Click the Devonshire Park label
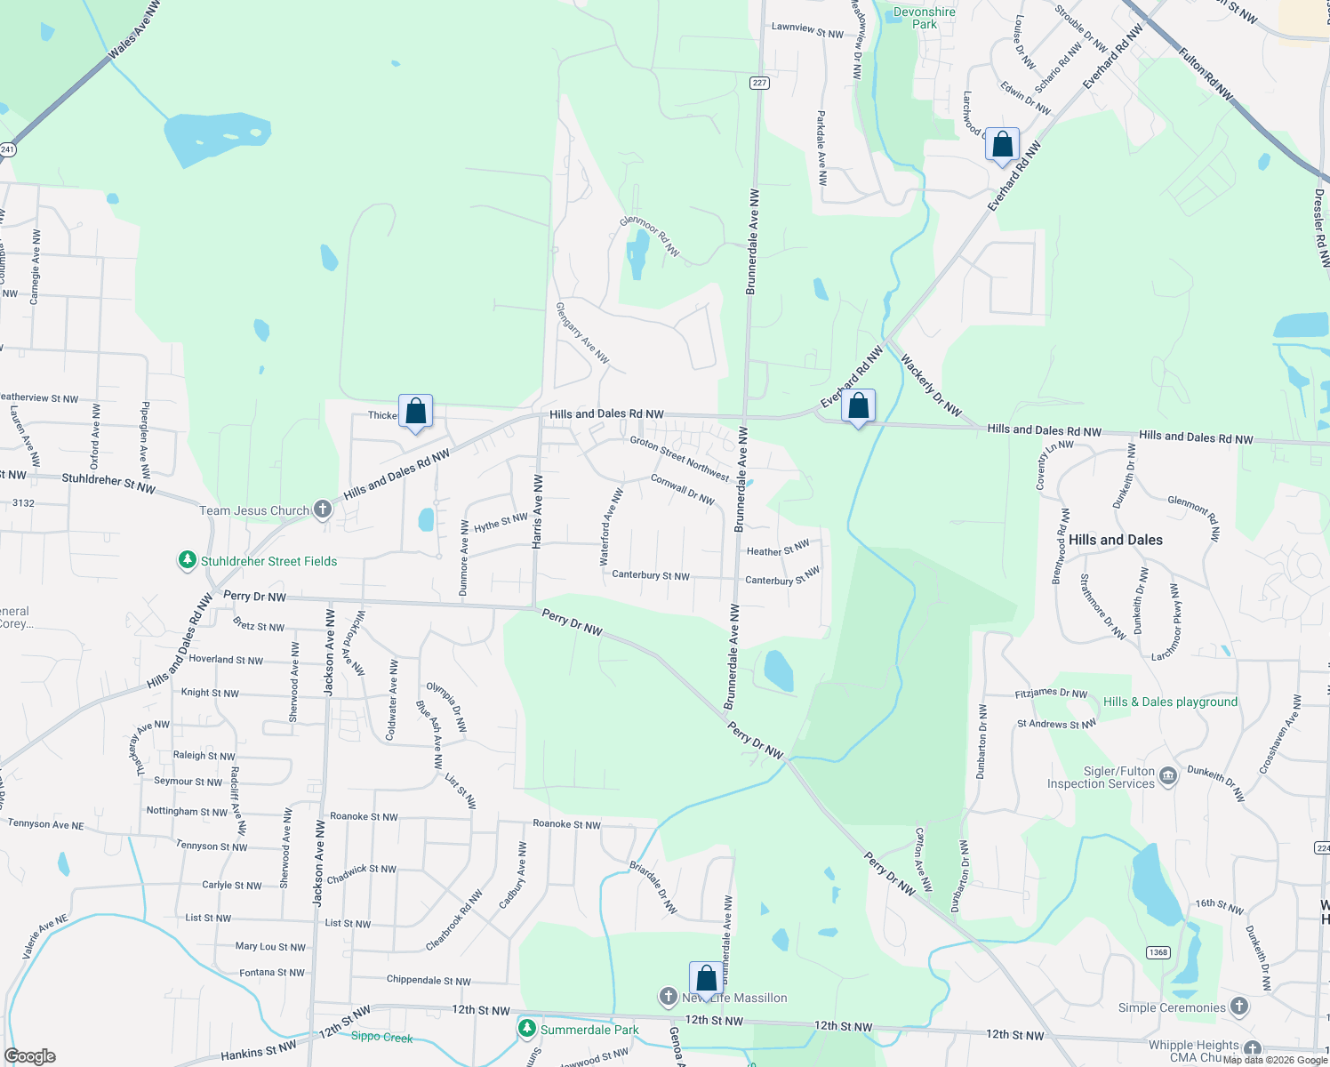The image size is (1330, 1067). (x=924, y=18)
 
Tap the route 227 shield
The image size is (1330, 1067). (x=758, y=83)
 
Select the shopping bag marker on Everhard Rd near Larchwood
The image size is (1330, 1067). (x=1002, y=146)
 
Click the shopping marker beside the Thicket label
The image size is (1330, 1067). (x=415, y=412)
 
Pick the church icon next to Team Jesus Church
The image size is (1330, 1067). (x=323, y=509)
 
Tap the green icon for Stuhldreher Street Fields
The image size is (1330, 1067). (x=187, y=560)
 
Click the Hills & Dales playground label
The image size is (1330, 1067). (x=1170, y=702)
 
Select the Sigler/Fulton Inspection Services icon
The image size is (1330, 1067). (x=1168, y=777)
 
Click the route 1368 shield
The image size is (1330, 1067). (x=1158, y=952)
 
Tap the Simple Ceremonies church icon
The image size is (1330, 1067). (x=1239, y=1007)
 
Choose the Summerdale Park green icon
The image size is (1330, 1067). (x=527, y=1029)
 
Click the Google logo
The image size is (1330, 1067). (x=30, y=1056)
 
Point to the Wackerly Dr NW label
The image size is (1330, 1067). (x=931, y=386)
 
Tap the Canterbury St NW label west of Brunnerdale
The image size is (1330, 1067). (x=651, y=575)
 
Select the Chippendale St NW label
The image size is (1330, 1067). (x=429, y=981)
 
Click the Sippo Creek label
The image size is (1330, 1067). (x=381, y=1037)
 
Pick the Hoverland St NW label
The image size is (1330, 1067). (x=226, y=660)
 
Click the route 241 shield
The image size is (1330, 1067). (x=7, y=149)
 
